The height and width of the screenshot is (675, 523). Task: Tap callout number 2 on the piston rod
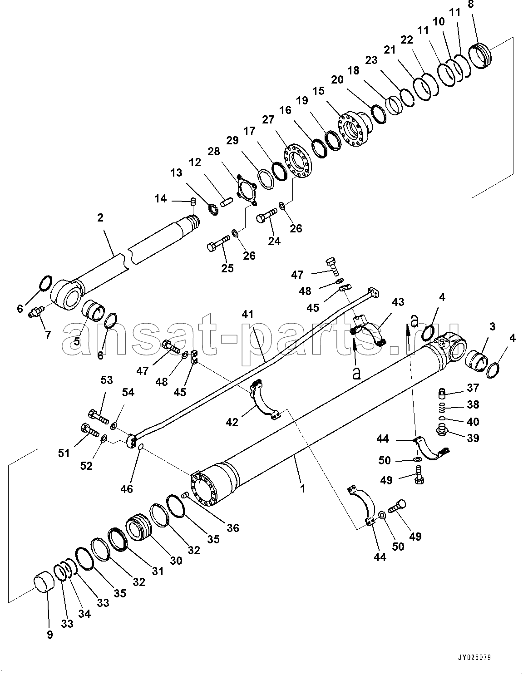(100, 218)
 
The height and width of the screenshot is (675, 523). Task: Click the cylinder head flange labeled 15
(355, 129)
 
